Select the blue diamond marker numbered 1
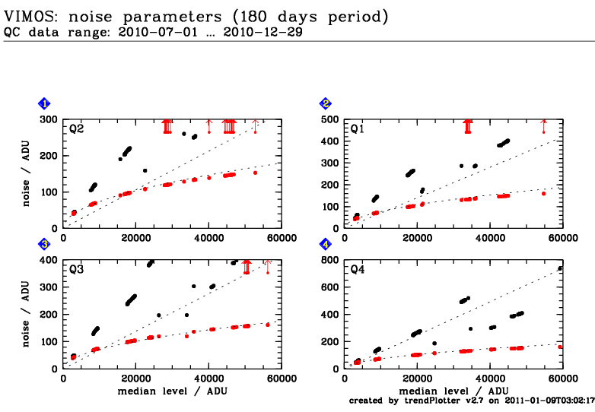click(46, 103)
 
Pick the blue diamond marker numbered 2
click(326, 103)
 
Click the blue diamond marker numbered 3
click(46, 244)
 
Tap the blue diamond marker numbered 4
click(326, 244)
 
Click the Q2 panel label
click(77, 129)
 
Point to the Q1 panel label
click(357, 129)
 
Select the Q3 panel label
click(77, 270)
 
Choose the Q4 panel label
click(357, 270)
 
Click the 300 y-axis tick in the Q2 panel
click(49, 119)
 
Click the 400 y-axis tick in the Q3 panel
click(49, 260)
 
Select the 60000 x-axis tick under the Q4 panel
click(563, 379)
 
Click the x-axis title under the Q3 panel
click(173, 390)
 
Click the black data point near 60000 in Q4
click(560, 268)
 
